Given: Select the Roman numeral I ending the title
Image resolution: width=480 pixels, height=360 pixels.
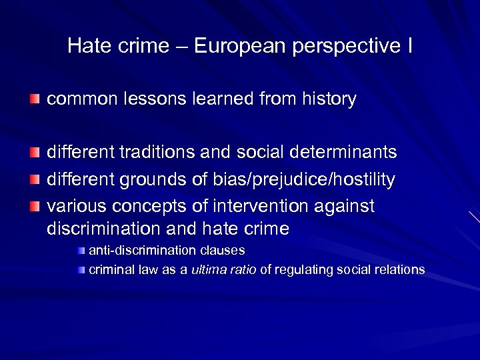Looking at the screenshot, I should click(409, 46).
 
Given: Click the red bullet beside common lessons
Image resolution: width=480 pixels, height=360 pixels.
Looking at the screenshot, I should click(35, 99).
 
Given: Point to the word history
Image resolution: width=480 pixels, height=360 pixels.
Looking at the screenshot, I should click(327, 99).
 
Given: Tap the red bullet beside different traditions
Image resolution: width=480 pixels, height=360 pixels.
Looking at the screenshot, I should click(35, 153).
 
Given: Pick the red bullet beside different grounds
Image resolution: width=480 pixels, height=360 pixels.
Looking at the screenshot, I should click(35, 179).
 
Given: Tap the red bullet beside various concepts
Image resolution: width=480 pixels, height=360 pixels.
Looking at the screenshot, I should click(35, 207).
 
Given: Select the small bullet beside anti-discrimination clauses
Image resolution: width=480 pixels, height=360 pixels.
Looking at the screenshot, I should click(81, 251).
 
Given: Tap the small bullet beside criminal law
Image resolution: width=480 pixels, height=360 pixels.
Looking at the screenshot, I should click(81, 270).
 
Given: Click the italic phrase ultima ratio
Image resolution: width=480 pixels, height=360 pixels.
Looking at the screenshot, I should click(223, 270).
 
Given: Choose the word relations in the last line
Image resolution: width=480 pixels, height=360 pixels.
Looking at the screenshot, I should click(398, 270).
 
